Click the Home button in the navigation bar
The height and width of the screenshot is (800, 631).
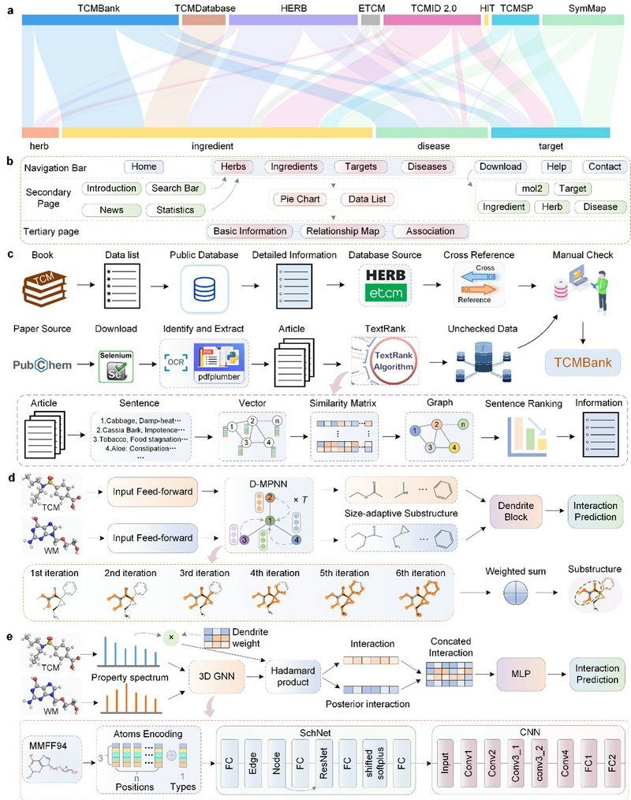click(144, 166)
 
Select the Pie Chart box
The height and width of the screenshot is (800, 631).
click(300, 199)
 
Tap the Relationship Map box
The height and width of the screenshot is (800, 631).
click(345, 231)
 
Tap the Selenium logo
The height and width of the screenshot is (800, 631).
click(114, 364)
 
